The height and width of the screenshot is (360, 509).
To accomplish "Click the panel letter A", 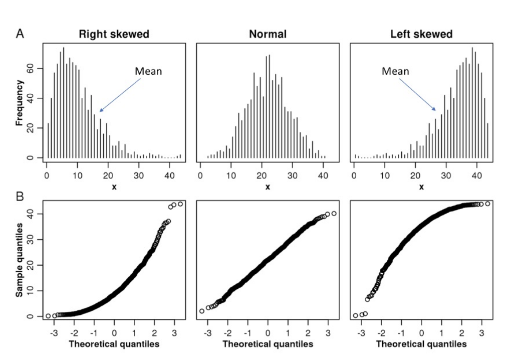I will click(21, 34).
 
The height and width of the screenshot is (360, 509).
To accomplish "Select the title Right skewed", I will click(114, 35).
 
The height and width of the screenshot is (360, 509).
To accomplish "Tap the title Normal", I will click(268, 35).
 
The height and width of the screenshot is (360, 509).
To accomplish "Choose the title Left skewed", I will click(421, 35).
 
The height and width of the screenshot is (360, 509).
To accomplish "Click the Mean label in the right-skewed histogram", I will click(148, 71).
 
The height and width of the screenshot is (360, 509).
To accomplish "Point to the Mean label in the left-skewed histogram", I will click(395, 71).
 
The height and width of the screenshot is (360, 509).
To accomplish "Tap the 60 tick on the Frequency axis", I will click(31, 68).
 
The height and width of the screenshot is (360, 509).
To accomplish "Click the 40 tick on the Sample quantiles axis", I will click(31, 213).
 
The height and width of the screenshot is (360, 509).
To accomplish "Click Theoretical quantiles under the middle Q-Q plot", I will click(268, 344).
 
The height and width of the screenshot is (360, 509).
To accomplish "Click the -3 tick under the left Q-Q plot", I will click(54, 332).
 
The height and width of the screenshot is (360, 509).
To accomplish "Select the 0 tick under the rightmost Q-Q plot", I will click(421, 332).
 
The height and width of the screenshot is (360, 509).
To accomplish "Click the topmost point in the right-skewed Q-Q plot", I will click(180, 204).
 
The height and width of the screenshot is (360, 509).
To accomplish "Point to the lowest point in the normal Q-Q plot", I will click(202, 311).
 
